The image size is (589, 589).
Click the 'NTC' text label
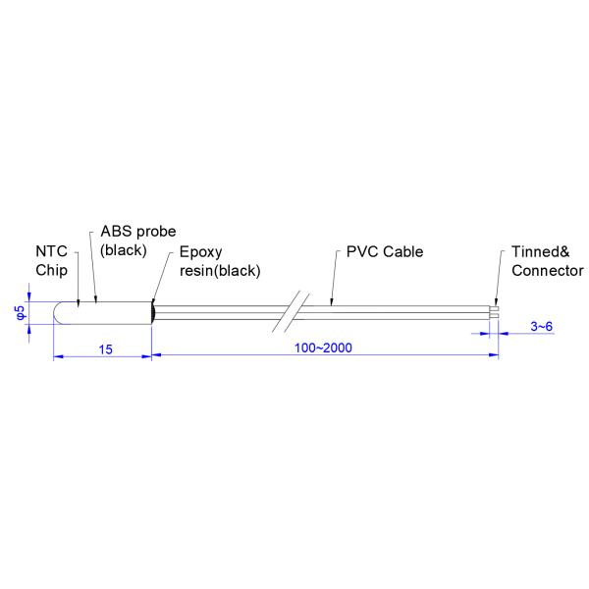click(x=51, y=251)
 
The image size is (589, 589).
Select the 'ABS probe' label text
click(x=138, y=232)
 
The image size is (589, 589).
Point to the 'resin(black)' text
click(x=220, y=270)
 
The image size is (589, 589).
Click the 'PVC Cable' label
click(x=385, y=251)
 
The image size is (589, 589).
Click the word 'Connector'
click(x=548, y=270)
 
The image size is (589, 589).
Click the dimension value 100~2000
click(x=324, y=348)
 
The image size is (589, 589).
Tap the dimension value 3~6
click(x=541, y=325)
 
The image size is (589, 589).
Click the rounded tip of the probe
click(x=58, y=312)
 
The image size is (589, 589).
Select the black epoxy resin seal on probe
click(x=153, y=312)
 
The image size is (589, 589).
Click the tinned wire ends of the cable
click(x=495, y=312)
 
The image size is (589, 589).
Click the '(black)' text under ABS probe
click(x=124, y=250)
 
